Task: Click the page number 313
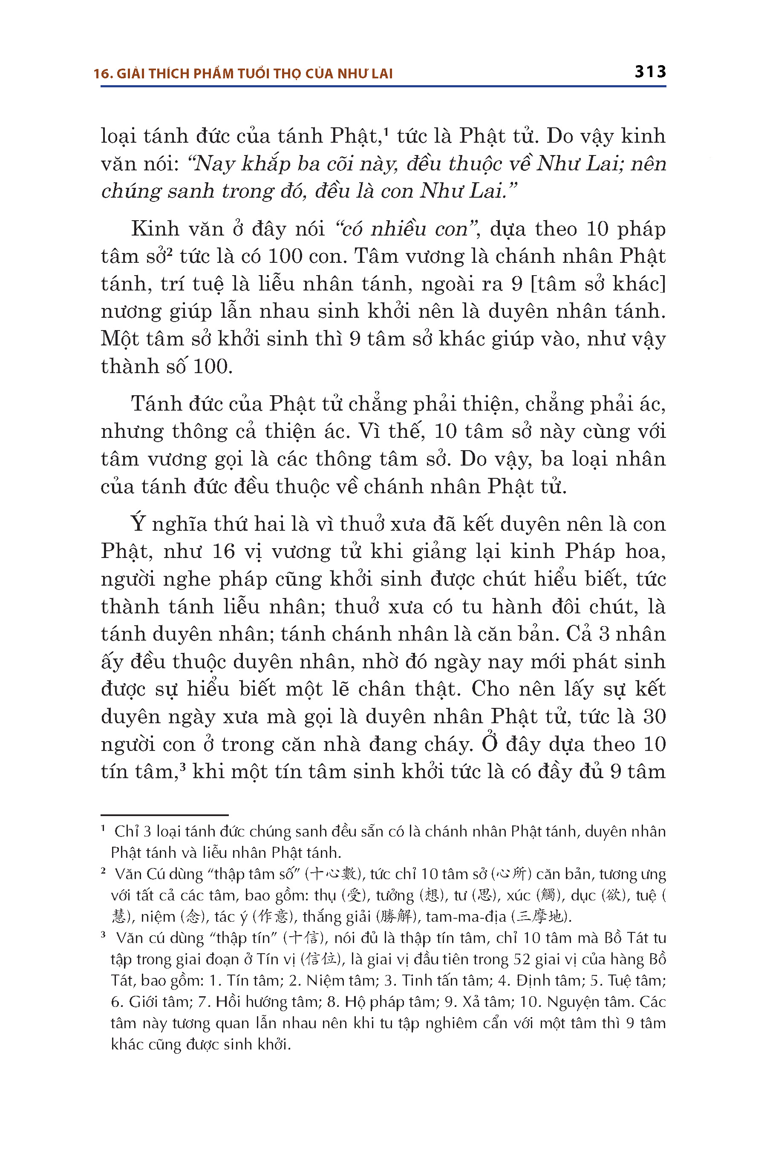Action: click(650, 72)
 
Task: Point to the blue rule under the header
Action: click(383, 86)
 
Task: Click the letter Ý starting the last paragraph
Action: click(138, 523)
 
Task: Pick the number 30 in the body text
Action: click(654, 717)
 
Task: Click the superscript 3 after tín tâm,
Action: click(182, 767)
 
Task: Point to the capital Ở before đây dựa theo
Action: click(490, 743)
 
